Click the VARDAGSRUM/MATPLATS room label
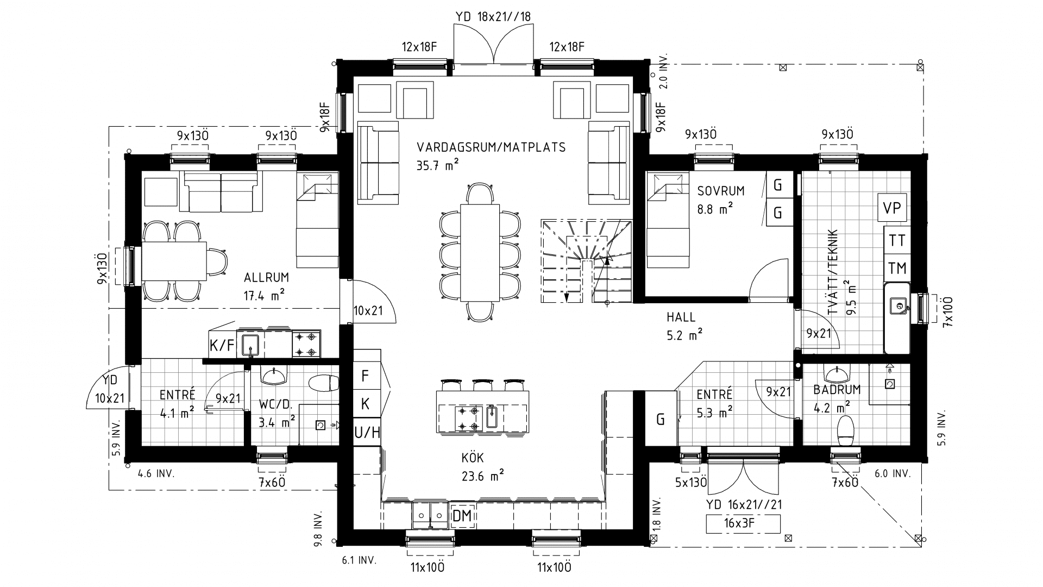coord(491,147)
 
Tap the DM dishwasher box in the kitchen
coord(462,516)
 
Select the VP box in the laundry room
coord(892,208)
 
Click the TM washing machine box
coord(897,268)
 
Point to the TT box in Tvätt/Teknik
coord(897,240)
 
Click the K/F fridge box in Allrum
coord(222,345)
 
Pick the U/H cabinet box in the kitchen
coord(367,433)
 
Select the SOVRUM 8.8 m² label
coord(721,198)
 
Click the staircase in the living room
coord(587,261)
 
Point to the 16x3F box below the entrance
coord(743,524)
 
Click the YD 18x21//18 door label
coord(493,16)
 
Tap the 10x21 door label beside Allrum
coord(368,311)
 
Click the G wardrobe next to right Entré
coord(661,419)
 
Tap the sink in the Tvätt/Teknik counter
coord(896,306)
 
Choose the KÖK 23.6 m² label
coord(481,467)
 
